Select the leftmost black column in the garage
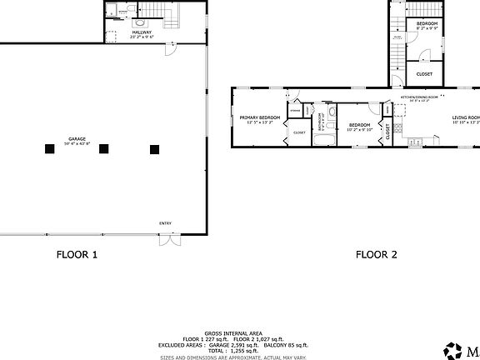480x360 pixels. pyautogui.click(x=49, y=149)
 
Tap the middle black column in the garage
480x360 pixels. pyautogui.click(x=103, y=149)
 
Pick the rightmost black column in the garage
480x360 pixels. pyautogui.click(x=154, y=149)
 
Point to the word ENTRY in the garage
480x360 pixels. pyautogui.click(x=166, y=223)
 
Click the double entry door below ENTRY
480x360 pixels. pyautogui.click(x=168, y=240)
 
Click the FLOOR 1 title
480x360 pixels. pyautogui.click(x=77, y=256)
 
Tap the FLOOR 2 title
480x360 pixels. pyautogui.click(x=376, y=256)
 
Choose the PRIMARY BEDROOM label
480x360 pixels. pyautogui.click(x=260, y=117)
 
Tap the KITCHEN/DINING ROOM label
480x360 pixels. pyautogui.click(x=419, y=97)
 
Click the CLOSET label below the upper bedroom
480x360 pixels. pyautogui.click(x=424, y=74)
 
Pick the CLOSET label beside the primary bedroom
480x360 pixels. pyautogui.click(x=299, y=132)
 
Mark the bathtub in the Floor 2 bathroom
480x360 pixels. pyautogui.click(x=322, y=138)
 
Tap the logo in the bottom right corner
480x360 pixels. pyautogui.click(x=455, y=349)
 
